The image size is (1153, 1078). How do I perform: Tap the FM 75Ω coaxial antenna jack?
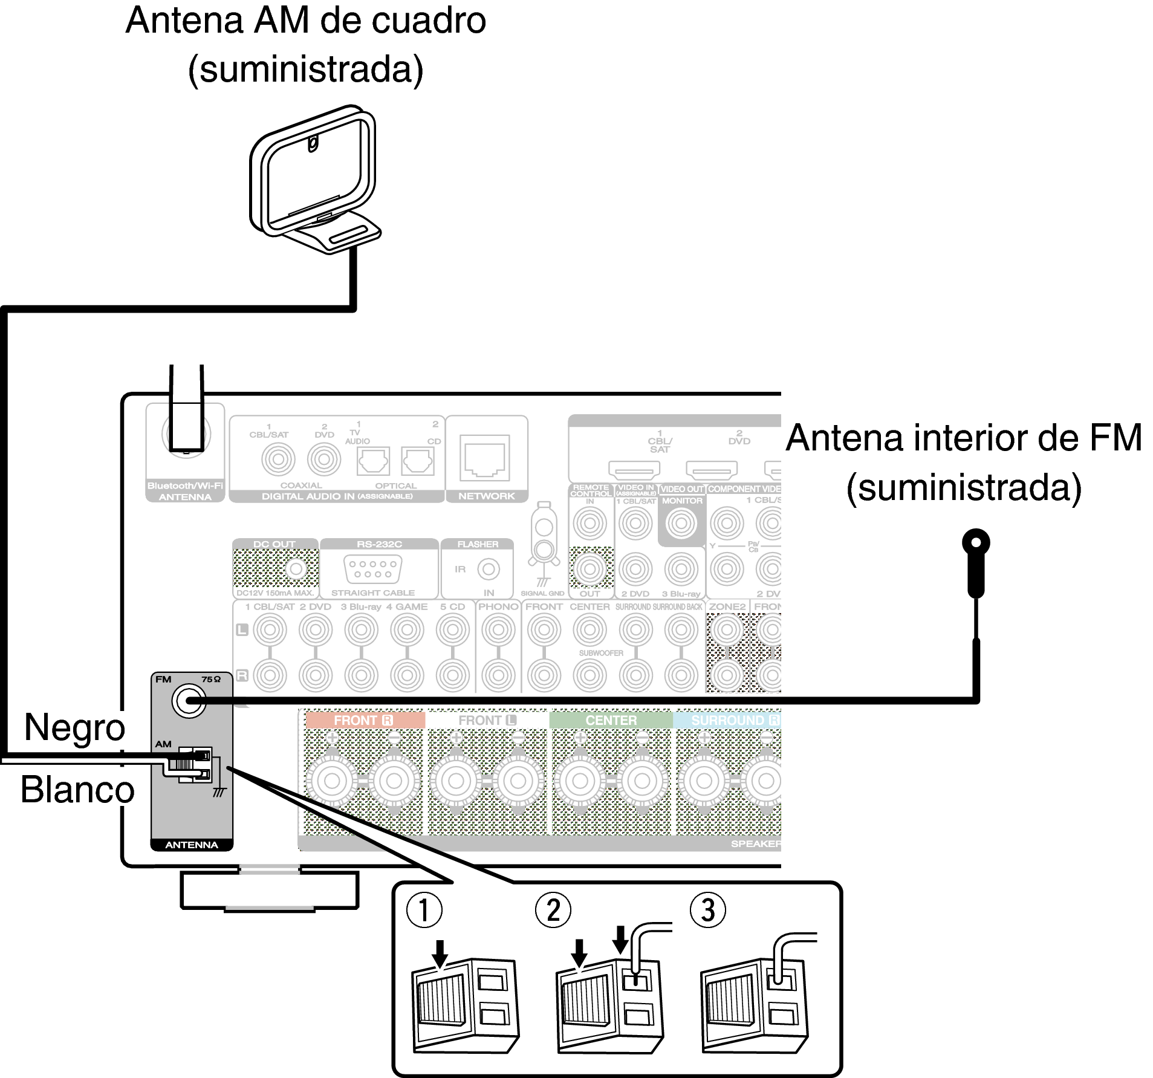[189, 701]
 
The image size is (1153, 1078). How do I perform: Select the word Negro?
[74, 727]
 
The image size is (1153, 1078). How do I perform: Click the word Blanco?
[77, 790]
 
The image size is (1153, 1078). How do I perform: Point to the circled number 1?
[424, 911]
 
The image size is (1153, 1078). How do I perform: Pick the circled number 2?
[553, 911]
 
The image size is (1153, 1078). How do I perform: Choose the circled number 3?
[707, 911]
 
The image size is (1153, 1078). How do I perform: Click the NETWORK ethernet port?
[485, 458]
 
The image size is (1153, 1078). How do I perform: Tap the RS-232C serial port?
[372, 569]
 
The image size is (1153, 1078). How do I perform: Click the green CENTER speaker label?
[611, 720]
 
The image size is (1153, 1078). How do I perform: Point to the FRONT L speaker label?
[487, 720]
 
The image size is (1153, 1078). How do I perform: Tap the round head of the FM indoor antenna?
[975, 542]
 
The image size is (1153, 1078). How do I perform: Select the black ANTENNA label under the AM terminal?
[191, 845]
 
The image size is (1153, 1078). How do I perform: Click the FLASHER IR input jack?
[489, 569]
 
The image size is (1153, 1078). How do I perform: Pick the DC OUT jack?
[296, 569]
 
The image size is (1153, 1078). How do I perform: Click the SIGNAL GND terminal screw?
[544, 549]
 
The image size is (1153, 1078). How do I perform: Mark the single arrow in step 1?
[440, 953]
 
